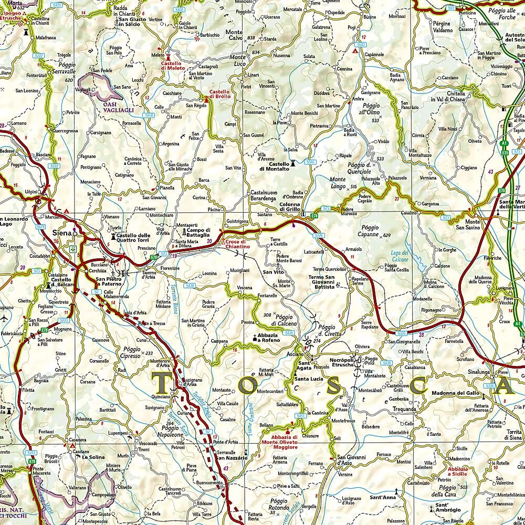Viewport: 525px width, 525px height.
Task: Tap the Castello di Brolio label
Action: tap(220, 93)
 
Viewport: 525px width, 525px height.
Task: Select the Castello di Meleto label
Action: tap(173, 65)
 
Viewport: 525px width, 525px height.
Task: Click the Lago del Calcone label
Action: tap(400, 256)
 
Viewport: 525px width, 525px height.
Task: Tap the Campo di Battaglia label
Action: tap(199, 233)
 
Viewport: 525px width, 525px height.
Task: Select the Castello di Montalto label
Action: tap(274, 166)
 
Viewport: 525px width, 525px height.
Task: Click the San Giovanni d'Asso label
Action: tap(351, 460)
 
